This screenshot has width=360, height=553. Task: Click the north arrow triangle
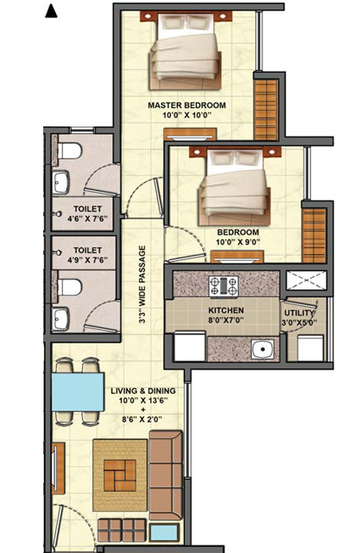pos(51,11)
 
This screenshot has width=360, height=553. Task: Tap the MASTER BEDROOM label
pos(186,105)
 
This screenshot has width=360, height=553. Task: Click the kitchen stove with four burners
pos(224,286)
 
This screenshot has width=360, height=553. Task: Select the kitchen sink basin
pos(262,349)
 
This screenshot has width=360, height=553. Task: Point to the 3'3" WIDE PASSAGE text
pos(142,284)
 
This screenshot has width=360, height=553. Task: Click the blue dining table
pos(78,392)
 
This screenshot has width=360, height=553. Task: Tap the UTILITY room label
pos(299,313)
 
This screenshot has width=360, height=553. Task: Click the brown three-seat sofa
pos(166,475)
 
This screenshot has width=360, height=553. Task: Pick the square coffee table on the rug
pos(120,475)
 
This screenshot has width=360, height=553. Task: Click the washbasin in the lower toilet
pos(60,319)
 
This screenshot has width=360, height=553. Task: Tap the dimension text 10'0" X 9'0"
pos(238,242)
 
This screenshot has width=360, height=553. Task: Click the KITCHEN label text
pos(226,311)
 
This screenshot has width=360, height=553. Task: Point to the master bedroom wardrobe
pos(266,110)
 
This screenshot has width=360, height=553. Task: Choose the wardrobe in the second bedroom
pos(314,236)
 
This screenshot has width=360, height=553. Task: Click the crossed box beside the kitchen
pos(306,280)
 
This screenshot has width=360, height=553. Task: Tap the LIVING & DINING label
pos(143,391)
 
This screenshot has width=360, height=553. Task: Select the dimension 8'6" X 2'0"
pos(143,419)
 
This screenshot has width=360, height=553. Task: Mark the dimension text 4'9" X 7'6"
pos(88,260)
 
